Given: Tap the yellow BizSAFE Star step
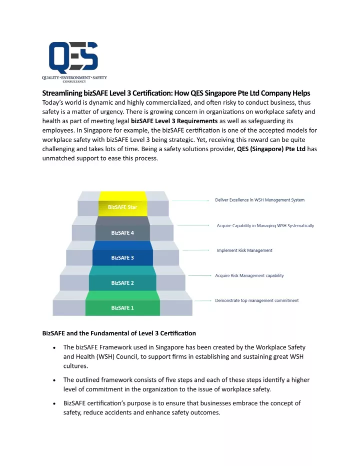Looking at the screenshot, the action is pyautogui.click(x=123, y=204).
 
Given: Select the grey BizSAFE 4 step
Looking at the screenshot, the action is pyautogui.click(x=122, y=229).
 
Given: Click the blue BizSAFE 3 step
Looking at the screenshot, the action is pyautogui.click(x=122, y=253).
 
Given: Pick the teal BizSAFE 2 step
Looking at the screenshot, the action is pyautogui.click(x=122, y=278).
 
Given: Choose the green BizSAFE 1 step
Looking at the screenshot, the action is pyautogui.click(x=122, y=303).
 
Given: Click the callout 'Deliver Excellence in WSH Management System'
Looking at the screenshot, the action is pyautogui.click(x=259, y=200).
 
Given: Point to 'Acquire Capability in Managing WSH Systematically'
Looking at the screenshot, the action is pyautogui.click(x=265, y=226).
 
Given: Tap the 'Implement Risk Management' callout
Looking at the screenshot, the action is pyautogui.click(x=244, y=250).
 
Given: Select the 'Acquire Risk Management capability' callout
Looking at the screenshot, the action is pyautogui.click(x=249, y=275).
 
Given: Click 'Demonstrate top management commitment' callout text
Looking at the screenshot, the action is pyautogui.click(x=256, y=300).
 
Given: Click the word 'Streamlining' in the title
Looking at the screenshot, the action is pyautogui.click(x=62, y=93).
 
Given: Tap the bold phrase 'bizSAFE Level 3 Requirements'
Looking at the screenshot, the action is pyautogui.click(x=174, y=121).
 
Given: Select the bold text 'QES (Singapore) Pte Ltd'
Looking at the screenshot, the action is pyautogui.click(x=271, y=149).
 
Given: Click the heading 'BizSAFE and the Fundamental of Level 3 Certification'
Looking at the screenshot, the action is pyautogui.click(x=119, y=333).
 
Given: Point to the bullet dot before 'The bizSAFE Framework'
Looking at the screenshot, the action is pyautogui.click(x=54, y=347).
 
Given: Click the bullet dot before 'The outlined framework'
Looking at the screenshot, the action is pyautogui.click(x=54, y=380).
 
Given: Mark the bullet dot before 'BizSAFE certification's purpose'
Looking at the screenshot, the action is pyautogui.click(x=54, y=403).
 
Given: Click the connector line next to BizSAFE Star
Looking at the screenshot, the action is pyautogui.click(x=190, y=201).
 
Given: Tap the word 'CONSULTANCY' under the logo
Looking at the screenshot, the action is pyautogui.click(x=74, y=82).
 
